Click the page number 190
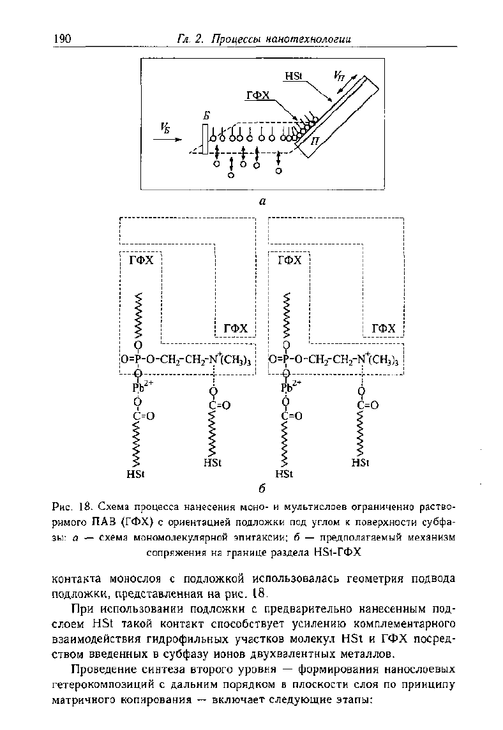(63, 39)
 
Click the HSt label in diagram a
(294, 76)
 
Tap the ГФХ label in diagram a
(258, 96)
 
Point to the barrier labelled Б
(205, 138)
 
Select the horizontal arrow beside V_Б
(169, 138)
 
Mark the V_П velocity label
(338, 75)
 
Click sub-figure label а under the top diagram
(262, 201)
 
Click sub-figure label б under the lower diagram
(262, 489)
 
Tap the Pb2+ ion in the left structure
(140, 387)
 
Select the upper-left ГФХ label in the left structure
(141, 260)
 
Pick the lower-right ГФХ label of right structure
(384, 329)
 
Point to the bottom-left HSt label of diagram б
(135, 474)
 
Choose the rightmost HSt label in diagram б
(360, 463)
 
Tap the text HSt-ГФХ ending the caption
(335, 553)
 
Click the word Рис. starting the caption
(61, 505)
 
